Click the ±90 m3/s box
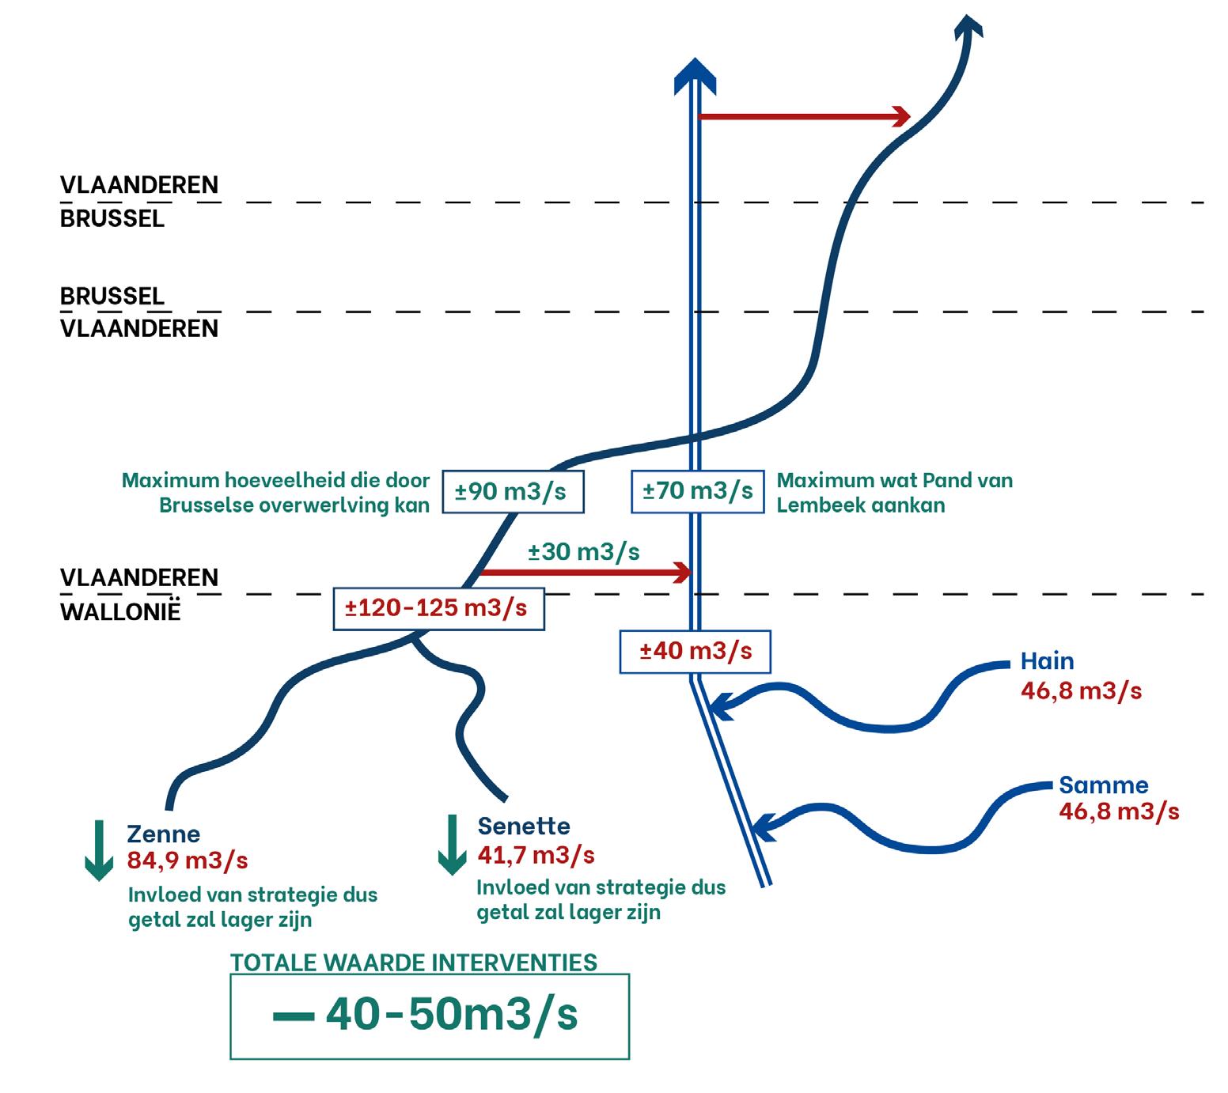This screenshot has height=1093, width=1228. coord(512,491)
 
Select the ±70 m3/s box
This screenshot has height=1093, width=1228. coord(697,491)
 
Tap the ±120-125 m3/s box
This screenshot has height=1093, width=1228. coord(438,608)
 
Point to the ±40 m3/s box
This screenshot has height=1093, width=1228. coord(695,651)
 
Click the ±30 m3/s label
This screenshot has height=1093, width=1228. coord(584,551)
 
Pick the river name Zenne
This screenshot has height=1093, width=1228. coord(164,834)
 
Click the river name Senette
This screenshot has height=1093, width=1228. coord(524,826)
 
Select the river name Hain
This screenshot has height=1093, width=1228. coord(1047,661)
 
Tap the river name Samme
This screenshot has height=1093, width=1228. coord(1103,785)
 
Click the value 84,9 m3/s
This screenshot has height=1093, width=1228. coord(188,860)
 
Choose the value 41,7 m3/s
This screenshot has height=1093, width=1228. coord(536,854)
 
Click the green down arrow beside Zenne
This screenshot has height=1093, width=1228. coord(99,851)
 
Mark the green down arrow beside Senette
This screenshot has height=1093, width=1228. coord(452,845)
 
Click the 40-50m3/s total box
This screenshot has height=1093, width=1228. coord(430,1016)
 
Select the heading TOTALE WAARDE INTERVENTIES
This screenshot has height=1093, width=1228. coord(414,963)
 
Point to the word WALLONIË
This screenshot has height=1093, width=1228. coord(120,611)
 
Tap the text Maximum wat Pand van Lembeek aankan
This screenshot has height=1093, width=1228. coord(894,493)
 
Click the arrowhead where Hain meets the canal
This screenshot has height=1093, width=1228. coord(722,704)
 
